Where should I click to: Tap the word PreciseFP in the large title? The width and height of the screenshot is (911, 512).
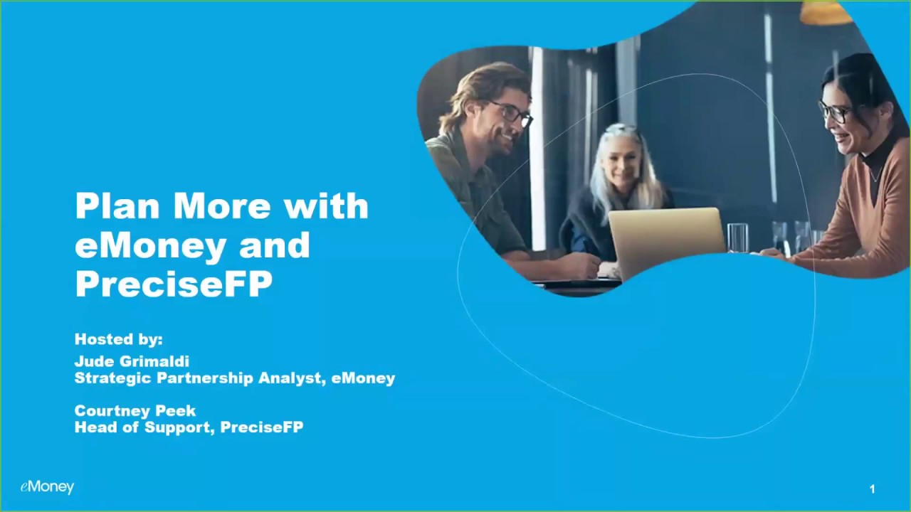click(x=174, y=283)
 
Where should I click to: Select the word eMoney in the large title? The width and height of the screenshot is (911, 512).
click(x=149, y=245)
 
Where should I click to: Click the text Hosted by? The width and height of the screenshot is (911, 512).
click(x=119, y=339)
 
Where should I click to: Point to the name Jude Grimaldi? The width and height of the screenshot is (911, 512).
click(x=132, y=361)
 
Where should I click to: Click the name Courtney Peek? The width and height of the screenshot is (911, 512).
click(x=135, y=410)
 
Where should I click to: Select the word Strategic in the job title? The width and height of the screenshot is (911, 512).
click(x=112, y=378)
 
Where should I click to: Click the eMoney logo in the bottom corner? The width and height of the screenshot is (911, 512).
click(x=47, y=487)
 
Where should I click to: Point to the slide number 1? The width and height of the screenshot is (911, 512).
click(x=872, y=489)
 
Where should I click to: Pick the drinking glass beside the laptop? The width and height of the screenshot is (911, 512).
click(x=737, y=238)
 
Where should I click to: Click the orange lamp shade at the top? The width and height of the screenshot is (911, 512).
click(x=826, y=12)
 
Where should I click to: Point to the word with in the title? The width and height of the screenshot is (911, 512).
click(x=326, y=206)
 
